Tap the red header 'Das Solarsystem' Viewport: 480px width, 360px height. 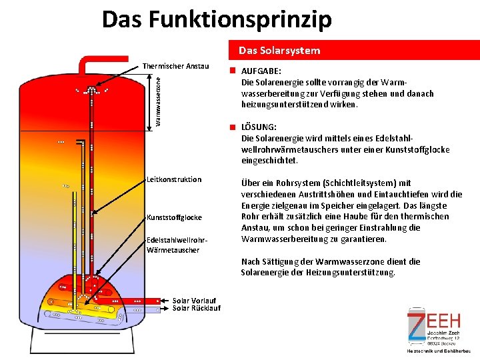[x=279, y=51]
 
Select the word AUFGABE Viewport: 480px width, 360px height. [x=261, y=71]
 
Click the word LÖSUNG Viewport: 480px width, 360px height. [x=259, y=127]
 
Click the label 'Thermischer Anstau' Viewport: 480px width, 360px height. [x=176, y=66]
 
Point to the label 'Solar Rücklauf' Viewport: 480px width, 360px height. [x=196, y=308]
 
